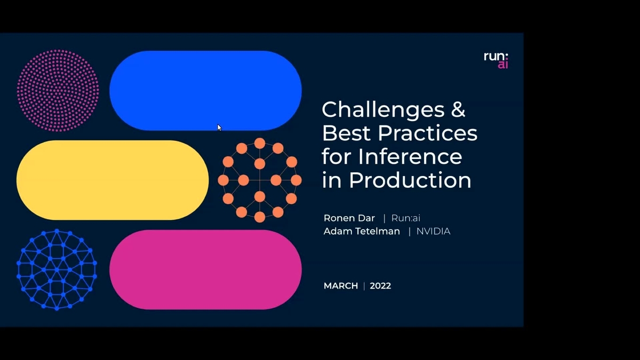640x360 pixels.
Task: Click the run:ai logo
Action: [495, 60]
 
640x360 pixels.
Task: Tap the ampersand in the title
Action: [455, 109]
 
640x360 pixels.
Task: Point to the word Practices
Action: [425, 133]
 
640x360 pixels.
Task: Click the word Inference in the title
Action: [410, 156]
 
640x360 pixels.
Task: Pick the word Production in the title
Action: [410, 180]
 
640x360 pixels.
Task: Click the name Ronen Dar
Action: [349, 218]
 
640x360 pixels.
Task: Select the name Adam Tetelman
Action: [362, 231]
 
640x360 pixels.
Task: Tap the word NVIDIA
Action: [433, 231]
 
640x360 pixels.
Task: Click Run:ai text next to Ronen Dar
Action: [406, 218]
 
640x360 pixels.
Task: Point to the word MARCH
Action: [341, 286]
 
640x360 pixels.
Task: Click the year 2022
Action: [380, 286]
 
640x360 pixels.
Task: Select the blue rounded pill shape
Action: [205, 91]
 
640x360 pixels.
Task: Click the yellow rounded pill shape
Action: [113, 180]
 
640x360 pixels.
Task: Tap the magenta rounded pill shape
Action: [205, 270]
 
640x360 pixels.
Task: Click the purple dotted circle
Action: [58, 90]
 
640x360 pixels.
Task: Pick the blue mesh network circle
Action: [57, 270]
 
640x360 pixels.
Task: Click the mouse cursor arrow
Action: [219, 127]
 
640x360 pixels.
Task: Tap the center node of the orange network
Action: [260, 180]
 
